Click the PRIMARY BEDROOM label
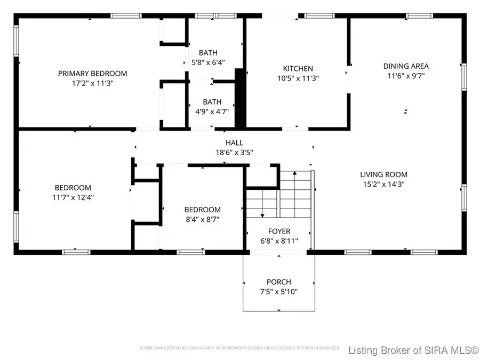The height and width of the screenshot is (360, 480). pos(92,74)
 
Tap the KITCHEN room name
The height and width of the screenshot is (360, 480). pos(298,69)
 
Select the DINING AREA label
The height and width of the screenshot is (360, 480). pos(406,67)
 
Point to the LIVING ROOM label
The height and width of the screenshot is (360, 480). pos(383,174)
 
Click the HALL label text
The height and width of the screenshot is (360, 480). pos(234,143)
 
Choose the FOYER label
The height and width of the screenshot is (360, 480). pos(279,231)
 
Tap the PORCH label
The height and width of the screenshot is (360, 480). pos(279,282)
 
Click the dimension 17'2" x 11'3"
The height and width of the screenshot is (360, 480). pos(92,83)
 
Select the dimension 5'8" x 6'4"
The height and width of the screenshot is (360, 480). pos(207,62)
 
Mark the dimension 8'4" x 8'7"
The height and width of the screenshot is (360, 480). pos(202,219)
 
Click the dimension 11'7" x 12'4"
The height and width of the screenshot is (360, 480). pos(73,197)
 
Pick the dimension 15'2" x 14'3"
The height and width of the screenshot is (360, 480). pos(383,184)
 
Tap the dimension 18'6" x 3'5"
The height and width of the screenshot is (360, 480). pos(234,153)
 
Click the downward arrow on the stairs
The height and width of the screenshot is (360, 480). pos(262,214)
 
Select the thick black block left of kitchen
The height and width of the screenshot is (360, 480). pos(239,99)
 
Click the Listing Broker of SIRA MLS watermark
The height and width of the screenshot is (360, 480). pos(413,350)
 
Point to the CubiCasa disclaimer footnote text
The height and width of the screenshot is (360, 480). pos(239,348)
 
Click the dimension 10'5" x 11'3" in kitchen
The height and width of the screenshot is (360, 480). pos(298,78)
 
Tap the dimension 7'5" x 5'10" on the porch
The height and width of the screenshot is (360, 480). pos(279,292)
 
